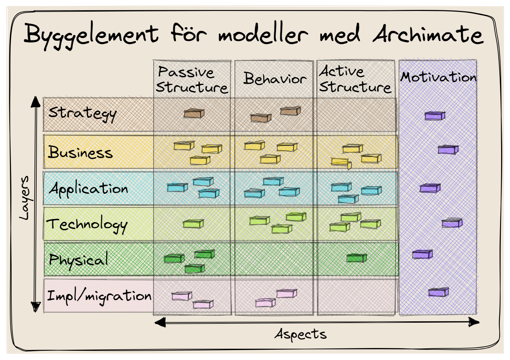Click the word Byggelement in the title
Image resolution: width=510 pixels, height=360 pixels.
click(91, 35)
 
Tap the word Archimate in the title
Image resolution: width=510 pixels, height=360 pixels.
click(428, 34)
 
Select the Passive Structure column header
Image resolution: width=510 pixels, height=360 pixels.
click(192, 79)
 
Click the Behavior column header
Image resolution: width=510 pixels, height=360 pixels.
click(275, 78)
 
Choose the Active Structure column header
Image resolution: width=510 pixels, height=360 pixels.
click(355, 79)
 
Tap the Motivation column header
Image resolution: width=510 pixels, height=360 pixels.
click(438, 77)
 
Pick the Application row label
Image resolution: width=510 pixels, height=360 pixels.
click(88, 189)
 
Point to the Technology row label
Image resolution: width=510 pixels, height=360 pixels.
click(87, 225)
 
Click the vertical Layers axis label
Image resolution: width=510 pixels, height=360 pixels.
click(24, 198)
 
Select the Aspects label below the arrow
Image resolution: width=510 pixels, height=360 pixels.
click(301, 334)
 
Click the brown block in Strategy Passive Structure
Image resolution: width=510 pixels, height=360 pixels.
click(194, 113)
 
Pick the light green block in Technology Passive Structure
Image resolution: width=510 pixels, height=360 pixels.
click(193, 224)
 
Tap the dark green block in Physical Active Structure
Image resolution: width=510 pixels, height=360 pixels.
click(357, 258)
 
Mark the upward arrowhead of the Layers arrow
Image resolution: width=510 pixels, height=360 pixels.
click(35, 102)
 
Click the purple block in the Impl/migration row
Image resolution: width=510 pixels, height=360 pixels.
click(438, 292)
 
